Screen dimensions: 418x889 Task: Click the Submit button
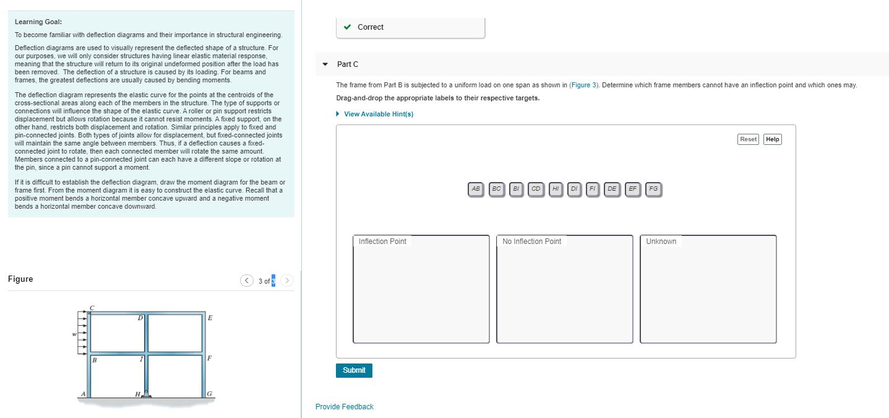tap(354, 370)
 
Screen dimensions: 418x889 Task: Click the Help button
tap(772, 139)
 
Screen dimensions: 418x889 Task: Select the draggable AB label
tap(476, 189)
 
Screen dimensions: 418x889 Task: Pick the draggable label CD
tap(536, 189)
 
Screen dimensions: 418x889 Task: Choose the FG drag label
tap(653, 189)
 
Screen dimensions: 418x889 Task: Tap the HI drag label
tap(556, 189)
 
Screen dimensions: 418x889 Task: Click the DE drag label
tap(612, 189)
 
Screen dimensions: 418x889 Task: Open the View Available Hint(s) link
tap(378, 114)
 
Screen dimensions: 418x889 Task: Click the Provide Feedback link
tap(344, 407)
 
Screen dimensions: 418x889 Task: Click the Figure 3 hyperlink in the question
tap(583, 85)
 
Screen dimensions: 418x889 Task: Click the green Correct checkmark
tap(348, 27)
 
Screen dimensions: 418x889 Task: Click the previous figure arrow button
tap(247, 281)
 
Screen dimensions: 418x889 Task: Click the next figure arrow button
tap(287, 281)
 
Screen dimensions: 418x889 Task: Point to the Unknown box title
tap(661, 242)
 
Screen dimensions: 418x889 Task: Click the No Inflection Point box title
tap(531, 242)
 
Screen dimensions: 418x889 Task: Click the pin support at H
tap(147, 393)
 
